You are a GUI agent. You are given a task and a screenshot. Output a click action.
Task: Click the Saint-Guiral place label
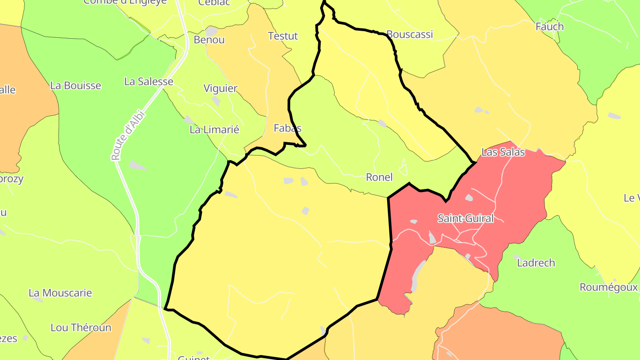pyautogui.click(x=465, y=218)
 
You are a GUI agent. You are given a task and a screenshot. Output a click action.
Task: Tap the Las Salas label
pyautogui.click(x=503, y=152)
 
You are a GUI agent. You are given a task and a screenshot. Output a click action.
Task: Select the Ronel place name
pyautogui.click(x=379, y=177)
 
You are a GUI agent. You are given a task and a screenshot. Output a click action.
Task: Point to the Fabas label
pyautogui.click(x=288, y=128)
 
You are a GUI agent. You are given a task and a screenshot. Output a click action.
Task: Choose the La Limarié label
pyautogui.click(x=214, y=130)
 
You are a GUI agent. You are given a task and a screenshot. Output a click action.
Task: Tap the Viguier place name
pyautogui.click(x=220, y=88)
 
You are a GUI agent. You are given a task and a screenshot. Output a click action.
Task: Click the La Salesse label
pyautogui.click(x=148, y=81)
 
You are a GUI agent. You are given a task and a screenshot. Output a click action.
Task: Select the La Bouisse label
pyautogui.click(x=76, y=85)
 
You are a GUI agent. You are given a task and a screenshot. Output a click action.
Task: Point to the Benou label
pyautogui.click(x=209, y=40)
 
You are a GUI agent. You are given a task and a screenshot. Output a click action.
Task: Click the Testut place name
pyautogui.click(x=283, y=36)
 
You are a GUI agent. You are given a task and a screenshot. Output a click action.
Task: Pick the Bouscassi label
pyautogui.click(x=409, y=34)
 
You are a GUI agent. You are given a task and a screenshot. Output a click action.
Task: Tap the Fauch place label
pyautogui.click(x=549, y=26)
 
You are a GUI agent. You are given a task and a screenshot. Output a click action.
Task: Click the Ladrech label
pyautogui.click(x=536, y=263)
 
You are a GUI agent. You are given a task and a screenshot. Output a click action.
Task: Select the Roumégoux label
pyautogui.click(x=608, y=287)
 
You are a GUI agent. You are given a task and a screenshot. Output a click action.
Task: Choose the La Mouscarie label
pyautogui.click(x=60, y=293)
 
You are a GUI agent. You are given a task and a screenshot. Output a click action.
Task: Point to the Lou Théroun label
pyautogui.click(x=81, y=328)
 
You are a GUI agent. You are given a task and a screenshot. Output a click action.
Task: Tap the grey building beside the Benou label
pyautogui.click(x=212, y=31)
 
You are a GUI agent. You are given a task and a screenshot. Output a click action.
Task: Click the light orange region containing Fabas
pyautogui.click(x=249, y=58)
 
